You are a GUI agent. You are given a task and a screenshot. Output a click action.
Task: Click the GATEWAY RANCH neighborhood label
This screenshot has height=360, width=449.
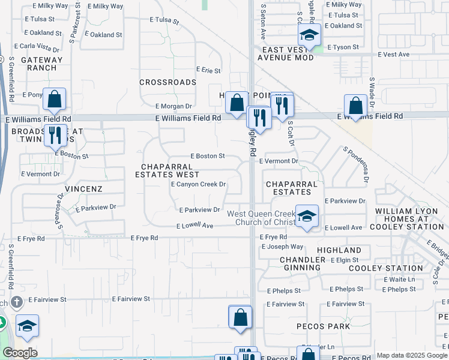point(41,64)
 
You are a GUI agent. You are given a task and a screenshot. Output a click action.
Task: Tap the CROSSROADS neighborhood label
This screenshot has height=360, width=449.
point(168,82)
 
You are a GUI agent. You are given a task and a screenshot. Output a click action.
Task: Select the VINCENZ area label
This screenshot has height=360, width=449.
point(86,188)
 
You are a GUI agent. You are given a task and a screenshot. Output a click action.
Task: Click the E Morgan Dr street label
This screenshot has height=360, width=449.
point(173,106)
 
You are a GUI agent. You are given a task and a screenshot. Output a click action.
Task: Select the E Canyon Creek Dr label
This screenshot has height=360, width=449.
point(198,185)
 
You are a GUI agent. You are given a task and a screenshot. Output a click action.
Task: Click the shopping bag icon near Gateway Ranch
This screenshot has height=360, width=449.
point(54,100)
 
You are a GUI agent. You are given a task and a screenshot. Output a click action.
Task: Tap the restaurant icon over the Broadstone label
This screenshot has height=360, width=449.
point(55,135)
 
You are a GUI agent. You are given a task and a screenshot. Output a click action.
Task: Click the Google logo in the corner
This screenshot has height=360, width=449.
point(20,353)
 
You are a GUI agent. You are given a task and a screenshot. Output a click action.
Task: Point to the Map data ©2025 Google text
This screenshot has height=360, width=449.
point(411,355)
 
